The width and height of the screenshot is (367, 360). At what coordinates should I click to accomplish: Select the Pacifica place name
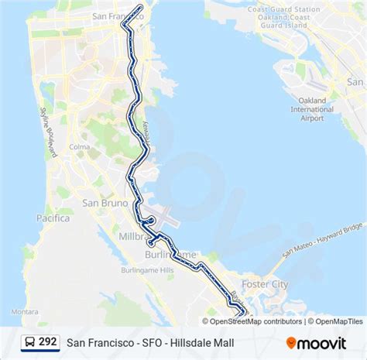(x=53, y=219)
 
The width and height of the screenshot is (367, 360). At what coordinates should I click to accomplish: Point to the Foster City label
(x=265, y=284)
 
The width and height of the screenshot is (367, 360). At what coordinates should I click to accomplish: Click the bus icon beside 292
(x=28, y=341)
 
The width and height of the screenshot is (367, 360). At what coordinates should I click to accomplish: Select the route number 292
(x=48, y=341)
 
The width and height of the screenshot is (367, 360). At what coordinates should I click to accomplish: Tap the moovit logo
(x=316, y=341)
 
